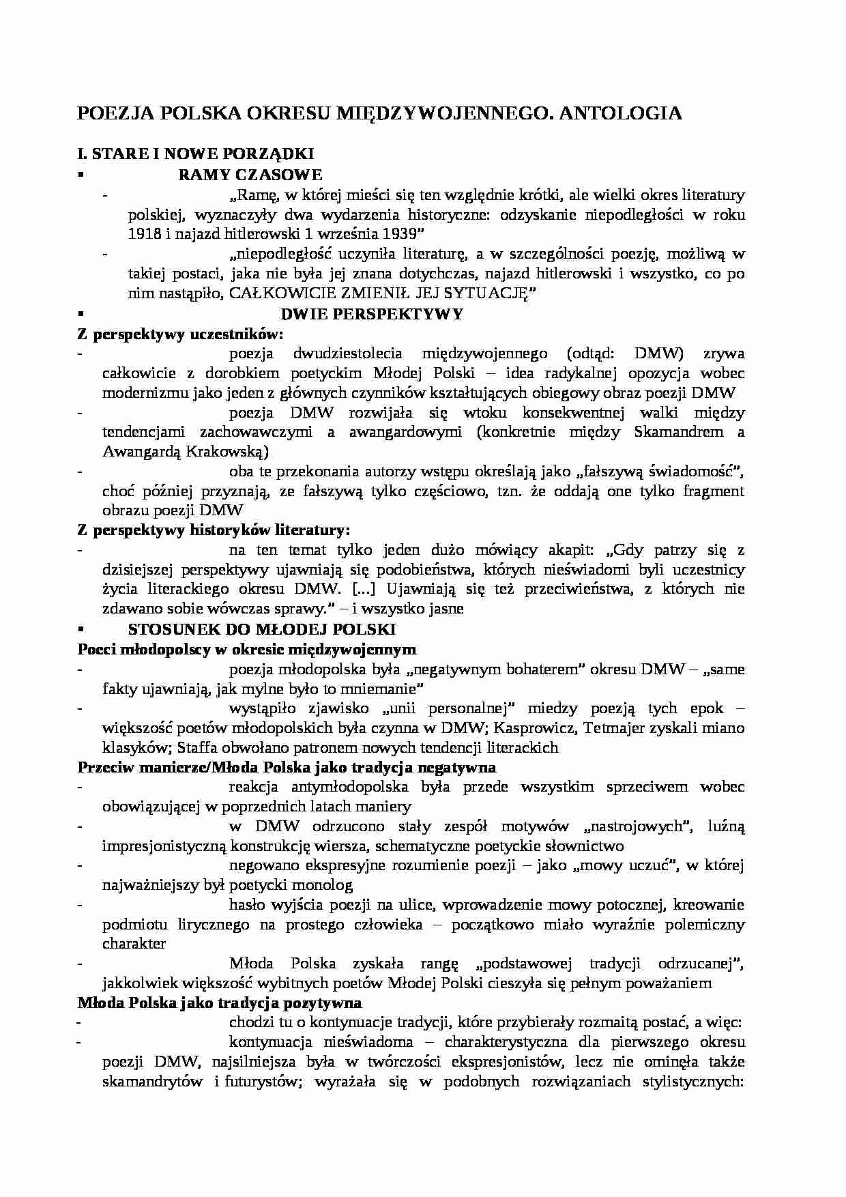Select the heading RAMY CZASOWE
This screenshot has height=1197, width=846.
tap(250, 175)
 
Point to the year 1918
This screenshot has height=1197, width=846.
tap(144, 233)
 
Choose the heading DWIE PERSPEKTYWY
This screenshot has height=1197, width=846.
tap(372, 314)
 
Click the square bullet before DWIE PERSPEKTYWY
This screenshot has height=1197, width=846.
tap(81, 314)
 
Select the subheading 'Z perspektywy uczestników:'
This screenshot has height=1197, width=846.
tap(180, 334)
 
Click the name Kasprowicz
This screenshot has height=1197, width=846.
tap(542, 727)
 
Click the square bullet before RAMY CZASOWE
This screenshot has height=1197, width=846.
tap(81, 175)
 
